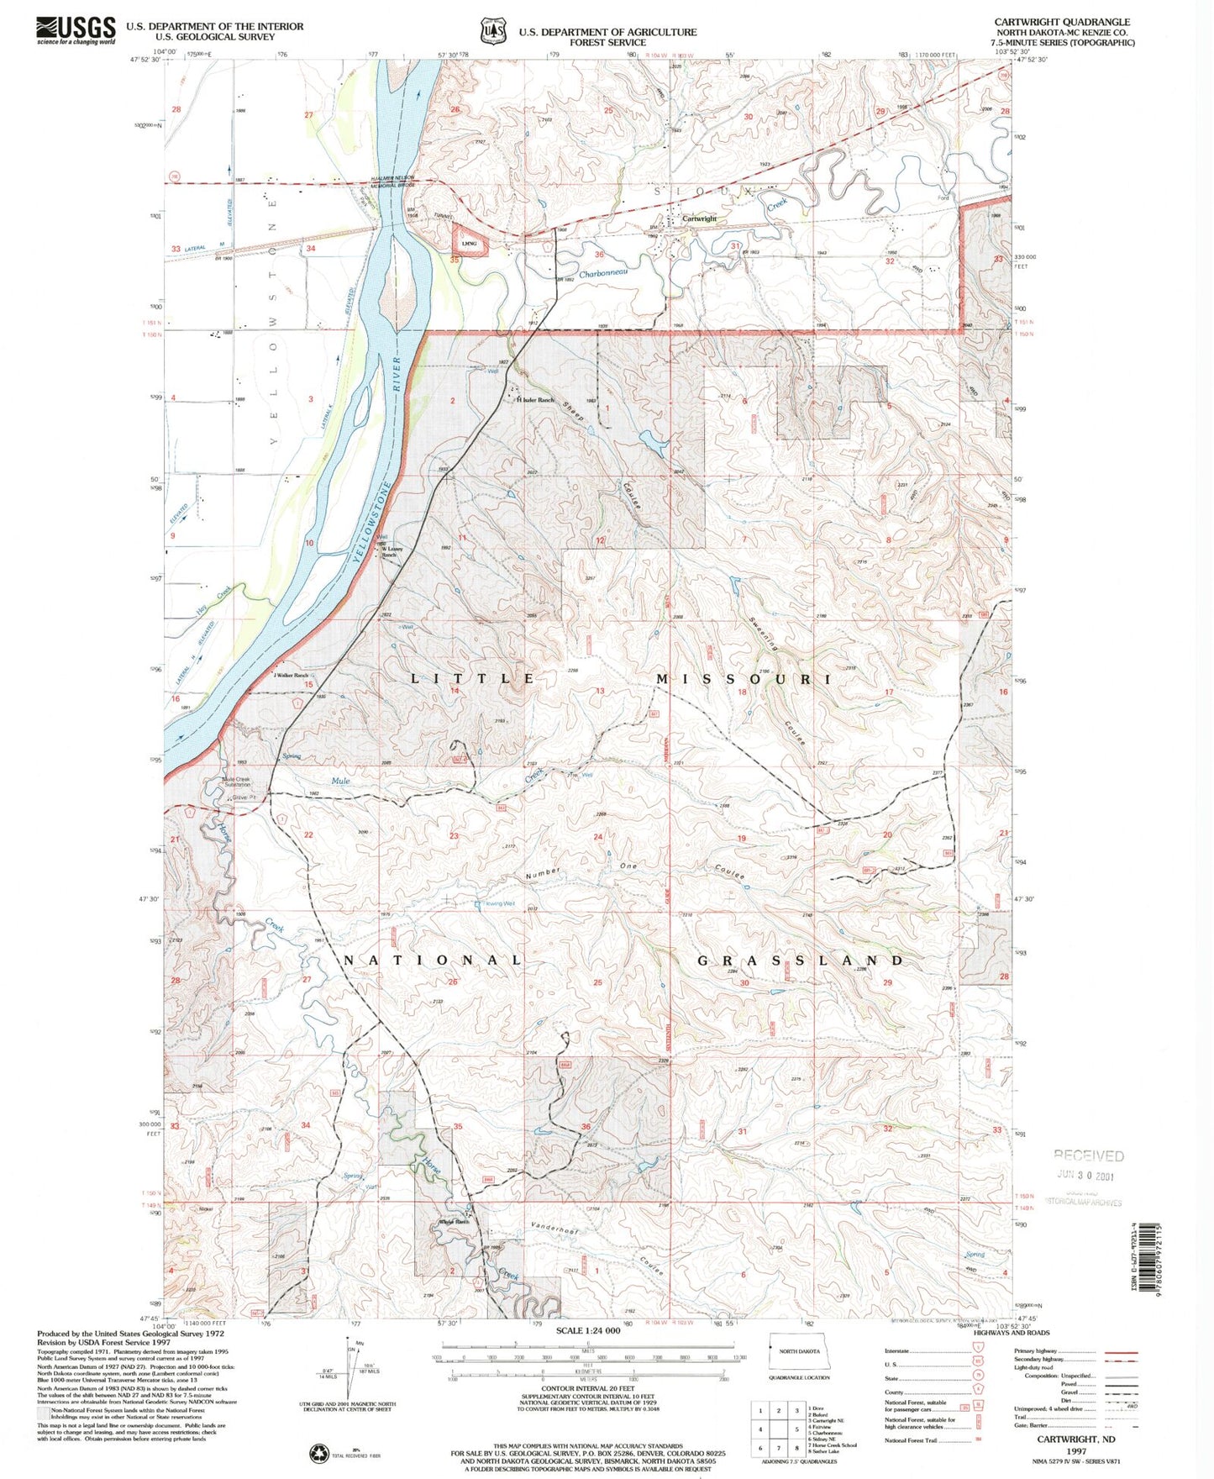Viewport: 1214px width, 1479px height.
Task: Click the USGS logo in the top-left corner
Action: pos(75,30)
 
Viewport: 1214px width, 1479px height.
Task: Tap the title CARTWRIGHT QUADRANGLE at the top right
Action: pos(1062,22)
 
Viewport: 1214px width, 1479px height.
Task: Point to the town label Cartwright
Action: pos(699,218)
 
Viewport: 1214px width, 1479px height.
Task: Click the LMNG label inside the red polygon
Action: pos(468,244)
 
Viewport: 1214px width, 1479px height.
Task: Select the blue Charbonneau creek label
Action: pos(603,273)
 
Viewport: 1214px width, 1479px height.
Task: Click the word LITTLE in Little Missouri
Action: pos(472,678)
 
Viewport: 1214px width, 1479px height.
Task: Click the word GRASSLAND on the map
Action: pos(800,960)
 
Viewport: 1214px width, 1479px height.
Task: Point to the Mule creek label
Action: pos(340,781)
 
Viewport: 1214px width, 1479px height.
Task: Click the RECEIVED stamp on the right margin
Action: pos(1088,1155)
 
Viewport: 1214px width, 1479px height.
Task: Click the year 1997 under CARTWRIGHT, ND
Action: pos(1074,1450)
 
